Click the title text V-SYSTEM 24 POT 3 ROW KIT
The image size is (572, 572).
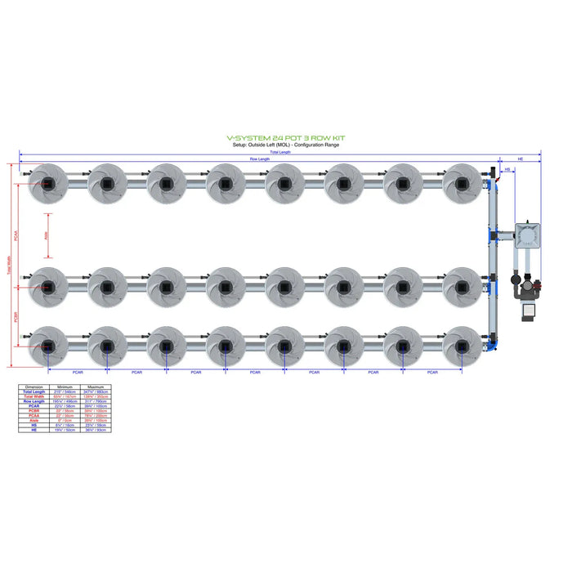(286, 139)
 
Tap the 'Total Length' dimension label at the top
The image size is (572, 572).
(280, 152)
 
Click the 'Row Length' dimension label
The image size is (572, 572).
(260, 159)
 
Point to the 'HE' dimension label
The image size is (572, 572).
(521, 159)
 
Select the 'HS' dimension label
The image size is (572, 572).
(507, 170)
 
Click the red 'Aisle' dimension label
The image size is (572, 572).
(47, 235)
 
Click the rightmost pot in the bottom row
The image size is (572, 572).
(461, 346)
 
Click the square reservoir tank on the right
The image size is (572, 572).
(528, 235)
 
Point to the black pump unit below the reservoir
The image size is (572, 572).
(524, 310)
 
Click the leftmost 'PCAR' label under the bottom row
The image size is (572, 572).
(78, 373)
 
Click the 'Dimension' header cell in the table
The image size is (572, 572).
(34, 387)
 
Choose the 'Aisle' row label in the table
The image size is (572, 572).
(34, 420)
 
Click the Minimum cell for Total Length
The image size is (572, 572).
(65, 391)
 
